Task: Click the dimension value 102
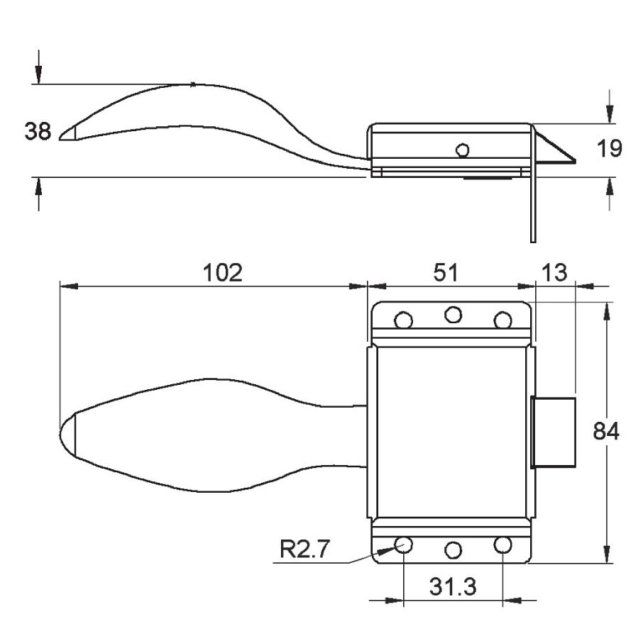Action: tap(223, 273)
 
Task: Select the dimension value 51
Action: tap(446, 273)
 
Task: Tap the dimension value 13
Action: tap(554, 273)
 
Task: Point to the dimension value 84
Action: tap(606, 432)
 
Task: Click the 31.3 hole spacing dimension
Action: tap(453, 586)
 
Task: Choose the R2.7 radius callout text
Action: tap(304, 549)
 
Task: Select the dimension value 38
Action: tap(38, 132)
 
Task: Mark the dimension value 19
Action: tap(610, 148)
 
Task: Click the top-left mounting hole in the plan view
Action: tap(403, 320)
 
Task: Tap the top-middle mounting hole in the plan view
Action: tap(454, 315)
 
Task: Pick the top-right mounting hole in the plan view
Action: tap(503, 320)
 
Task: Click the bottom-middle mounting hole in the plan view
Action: tap(454, 550)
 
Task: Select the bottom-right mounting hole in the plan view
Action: tap(503, 544)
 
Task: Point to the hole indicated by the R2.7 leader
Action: tap(403, 544)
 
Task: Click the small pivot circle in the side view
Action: tap(463, 150)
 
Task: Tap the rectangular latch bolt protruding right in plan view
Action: tap(553, 432)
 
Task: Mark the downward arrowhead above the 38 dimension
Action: tap(38, 74)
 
